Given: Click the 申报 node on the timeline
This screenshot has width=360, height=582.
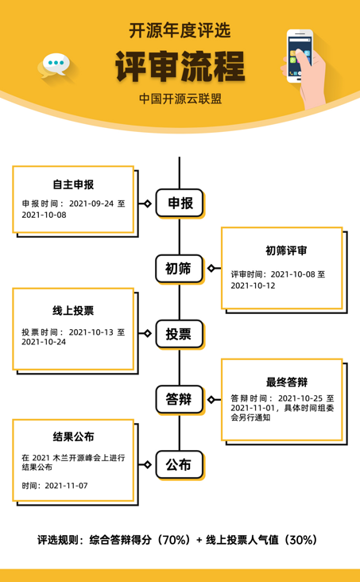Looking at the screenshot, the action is click(x=180, y=203).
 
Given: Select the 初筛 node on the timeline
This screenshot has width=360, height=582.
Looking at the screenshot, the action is click(x=180, y=269).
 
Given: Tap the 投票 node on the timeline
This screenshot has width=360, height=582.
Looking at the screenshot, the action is click(x=180, y=334).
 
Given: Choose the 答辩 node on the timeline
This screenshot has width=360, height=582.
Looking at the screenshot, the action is click(x=180, y=399).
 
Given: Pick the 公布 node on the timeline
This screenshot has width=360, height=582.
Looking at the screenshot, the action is click(x=180, y=464).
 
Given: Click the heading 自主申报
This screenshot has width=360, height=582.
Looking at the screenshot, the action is click(x=73, y=184).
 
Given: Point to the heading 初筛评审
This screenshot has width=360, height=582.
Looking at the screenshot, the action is click(x=286, y=251).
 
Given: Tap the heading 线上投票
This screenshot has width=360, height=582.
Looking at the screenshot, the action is click(x=73, y=311).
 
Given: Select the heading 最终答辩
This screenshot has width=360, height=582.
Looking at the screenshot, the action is click(x=287, y=382).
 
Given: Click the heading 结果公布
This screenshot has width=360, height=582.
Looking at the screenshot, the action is click(x=73, y=436).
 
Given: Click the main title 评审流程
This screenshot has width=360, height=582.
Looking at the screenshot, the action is click(x=180, y=67).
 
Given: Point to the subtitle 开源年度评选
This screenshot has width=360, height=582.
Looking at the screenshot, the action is click(x=180, y=30).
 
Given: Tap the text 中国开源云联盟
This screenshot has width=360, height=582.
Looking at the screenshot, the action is click(x=180, y=99).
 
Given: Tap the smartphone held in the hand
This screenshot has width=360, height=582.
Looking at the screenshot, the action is click(x=298, y=56).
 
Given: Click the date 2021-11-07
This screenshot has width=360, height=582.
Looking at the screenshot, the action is click(x=66, y=486).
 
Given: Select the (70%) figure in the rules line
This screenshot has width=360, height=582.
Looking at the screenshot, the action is click(x=175, y=540).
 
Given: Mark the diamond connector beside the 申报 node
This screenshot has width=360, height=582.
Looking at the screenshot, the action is click(x=147, y=204).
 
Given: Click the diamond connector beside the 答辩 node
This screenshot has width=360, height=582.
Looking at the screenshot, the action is click(x=211, y=399).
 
